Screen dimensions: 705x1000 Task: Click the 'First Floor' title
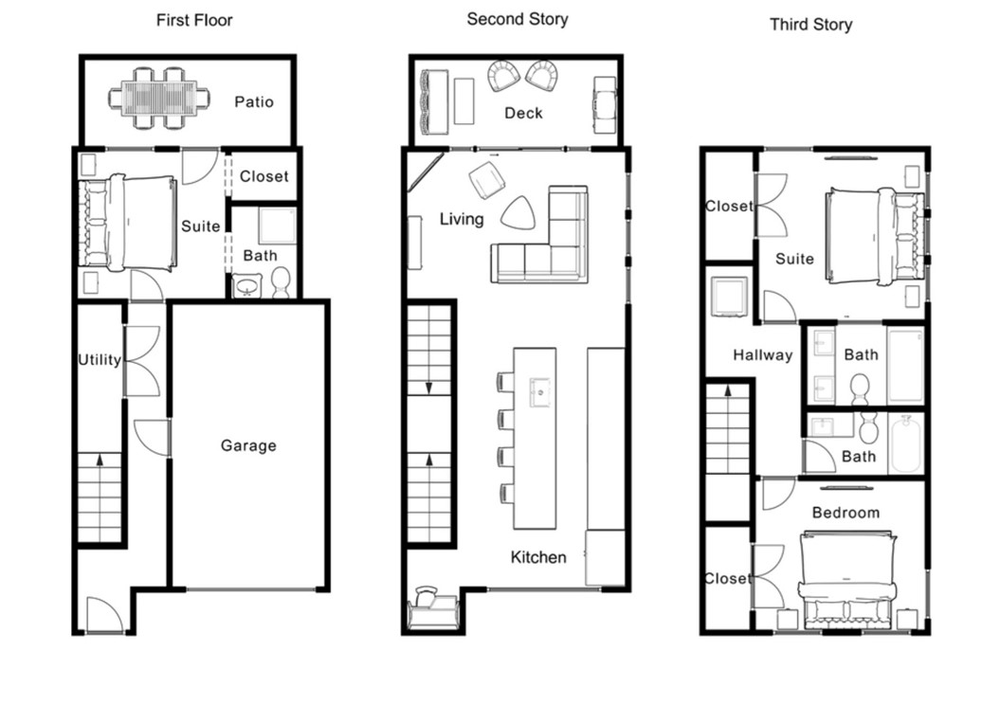tap(194, 20)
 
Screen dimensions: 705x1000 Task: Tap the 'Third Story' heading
tap(810, 24)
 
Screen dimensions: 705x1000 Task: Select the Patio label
tap(254, 100)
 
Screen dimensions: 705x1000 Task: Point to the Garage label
tap(248, 445)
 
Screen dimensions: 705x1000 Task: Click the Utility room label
tap(100, 359)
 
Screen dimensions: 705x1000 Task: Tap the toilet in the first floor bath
tap(281, 281)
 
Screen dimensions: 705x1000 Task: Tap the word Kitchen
tap(538, 557)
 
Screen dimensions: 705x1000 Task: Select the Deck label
tap(523, 113)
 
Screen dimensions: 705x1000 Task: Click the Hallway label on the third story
tap(762, 355)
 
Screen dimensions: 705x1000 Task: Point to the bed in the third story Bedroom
tap(846, 578)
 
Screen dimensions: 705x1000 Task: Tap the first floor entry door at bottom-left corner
tap(103, 615)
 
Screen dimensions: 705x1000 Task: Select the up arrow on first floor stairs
tap(100, 461)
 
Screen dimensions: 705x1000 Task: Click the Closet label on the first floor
tap(264, 176)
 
